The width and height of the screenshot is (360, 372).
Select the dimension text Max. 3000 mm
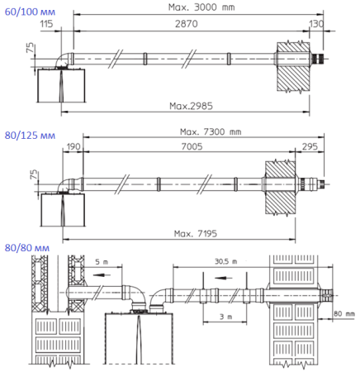click(208, 6)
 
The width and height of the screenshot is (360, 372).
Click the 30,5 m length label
click(216, 260)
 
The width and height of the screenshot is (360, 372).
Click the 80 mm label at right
click(342, 313)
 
